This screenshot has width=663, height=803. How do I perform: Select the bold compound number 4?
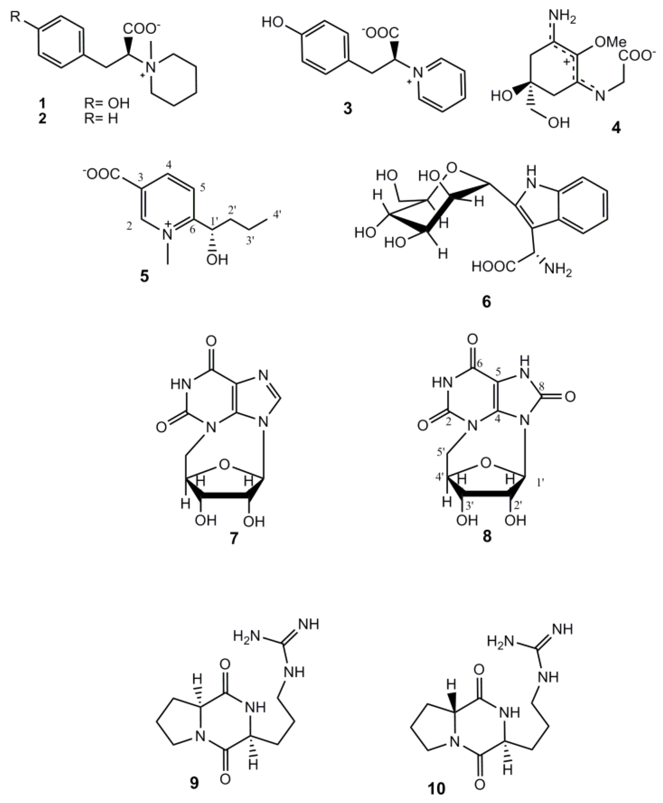pos(616,128)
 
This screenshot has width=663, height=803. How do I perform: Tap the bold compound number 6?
pos(486,302)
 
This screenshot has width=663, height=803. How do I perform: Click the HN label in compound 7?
pos(180,383)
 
